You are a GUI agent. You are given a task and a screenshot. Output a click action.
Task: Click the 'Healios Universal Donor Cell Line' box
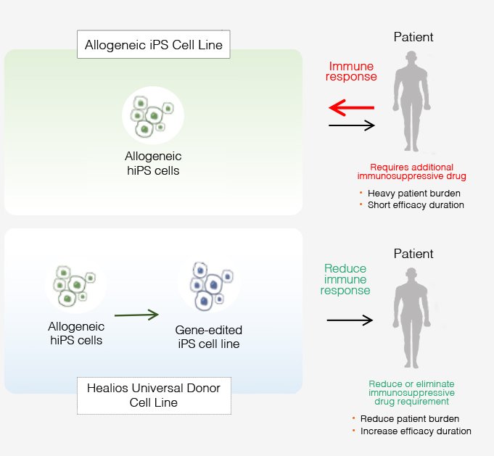(154, 394)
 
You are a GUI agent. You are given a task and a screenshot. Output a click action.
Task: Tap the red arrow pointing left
(351, 109)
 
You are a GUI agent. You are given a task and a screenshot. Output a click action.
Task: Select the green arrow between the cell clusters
(136, 315)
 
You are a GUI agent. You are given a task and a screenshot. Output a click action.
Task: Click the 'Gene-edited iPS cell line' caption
(208, 336)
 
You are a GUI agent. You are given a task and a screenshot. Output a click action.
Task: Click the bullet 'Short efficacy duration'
(415, 205)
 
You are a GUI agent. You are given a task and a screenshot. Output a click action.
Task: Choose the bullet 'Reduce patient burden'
(409, 419)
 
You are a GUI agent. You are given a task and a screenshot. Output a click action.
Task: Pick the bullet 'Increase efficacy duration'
(415, 431)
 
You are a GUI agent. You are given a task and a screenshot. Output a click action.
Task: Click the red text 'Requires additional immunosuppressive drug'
(411, 171)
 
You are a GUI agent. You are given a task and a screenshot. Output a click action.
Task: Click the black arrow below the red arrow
(351, 125)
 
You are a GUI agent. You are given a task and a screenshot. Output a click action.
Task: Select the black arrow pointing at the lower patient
(350, 320)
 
